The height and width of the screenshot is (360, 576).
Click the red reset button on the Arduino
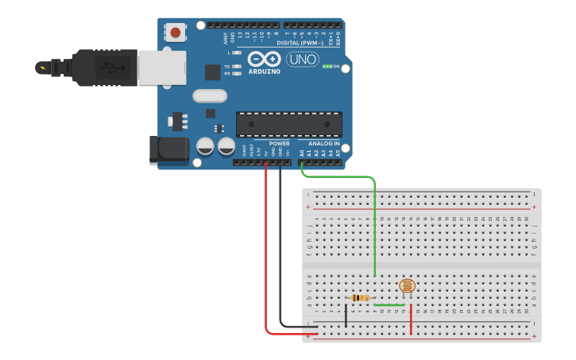pyautogui.click(x=175, y=33)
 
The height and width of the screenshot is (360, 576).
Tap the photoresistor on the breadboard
pyautogui.click(x=407, y=286)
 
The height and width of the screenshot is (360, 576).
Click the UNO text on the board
pyautogui.click(x=303, y=60)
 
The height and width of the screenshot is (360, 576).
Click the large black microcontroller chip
pyautogui.click(x=288, y=124)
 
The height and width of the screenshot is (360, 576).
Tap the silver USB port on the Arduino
pyautogui.click(x=161, y=68)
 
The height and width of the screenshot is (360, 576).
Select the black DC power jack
pyautogui.click(x=168, y=150)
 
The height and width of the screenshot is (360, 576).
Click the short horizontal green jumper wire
pyautogui.click(x=389, y=304)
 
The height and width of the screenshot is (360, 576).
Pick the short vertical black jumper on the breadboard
pyautogui.click(x=346, y=315)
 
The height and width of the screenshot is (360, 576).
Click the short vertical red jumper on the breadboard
pyautogui.click(x=411, y=320)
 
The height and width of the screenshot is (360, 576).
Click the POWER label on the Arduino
pyautogui.click(x=279, y=144)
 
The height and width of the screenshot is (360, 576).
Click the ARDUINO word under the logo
pyautogui.click(x=265, y=72)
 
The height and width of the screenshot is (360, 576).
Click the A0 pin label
pyautogui.click(x=302, y=152)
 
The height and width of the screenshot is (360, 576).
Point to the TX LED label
pyautogui.click(x=227, y=67)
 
